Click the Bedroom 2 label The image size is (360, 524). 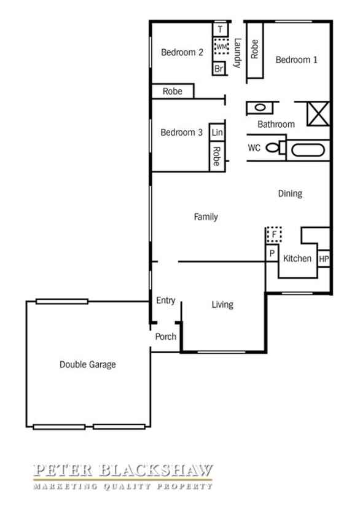182,52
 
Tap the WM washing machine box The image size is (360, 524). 221,46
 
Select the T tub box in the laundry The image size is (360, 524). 221,29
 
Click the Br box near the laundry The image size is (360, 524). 219,69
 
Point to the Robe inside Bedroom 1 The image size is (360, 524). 255,50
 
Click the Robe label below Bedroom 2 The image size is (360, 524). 173,92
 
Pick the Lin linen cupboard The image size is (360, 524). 217,132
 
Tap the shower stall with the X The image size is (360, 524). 318,114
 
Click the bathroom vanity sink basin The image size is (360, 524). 260,108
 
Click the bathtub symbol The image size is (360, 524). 308,150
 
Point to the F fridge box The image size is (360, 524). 274,234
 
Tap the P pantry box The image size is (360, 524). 272,254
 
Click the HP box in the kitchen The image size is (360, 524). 324,259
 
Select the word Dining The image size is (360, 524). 290,194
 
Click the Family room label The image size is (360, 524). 206,217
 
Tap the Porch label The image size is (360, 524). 166,337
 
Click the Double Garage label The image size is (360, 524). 88,365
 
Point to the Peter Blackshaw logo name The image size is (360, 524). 123,471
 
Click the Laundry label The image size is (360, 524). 237,53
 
